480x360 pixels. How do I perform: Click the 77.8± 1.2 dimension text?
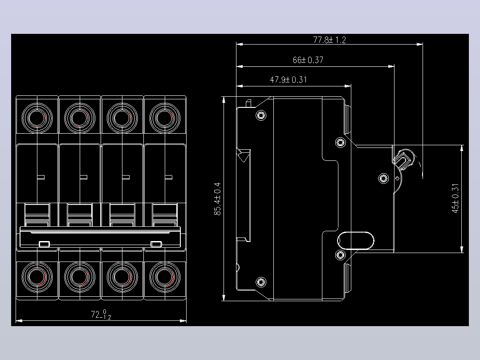329,40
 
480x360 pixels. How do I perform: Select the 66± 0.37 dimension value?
308,60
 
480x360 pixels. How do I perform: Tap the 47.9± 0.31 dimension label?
289,80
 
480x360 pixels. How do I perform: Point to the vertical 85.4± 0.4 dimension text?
217,199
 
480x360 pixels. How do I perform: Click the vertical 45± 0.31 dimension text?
456,198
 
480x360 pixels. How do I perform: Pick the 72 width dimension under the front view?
101,315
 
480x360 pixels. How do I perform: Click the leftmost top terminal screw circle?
37,118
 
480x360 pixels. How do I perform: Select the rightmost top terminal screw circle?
165,118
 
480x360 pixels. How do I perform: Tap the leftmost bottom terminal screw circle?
37,277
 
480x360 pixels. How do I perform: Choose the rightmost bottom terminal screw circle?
165,277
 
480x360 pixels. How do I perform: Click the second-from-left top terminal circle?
80,118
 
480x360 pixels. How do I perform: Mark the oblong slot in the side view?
356,241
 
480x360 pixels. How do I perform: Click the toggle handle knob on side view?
404,159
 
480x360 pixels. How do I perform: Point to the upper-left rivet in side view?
261,115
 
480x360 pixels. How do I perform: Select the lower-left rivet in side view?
261,282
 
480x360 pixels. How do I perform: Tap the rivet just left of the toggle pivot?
383,178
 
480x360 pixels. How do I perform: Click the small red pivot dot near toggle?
397,179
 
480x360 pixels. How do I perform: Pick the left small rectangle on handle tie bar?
45,244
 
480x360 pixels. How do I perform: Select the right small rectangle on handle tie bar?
156,244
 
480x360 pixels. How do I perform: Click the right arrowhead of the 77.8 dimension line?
420,44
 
